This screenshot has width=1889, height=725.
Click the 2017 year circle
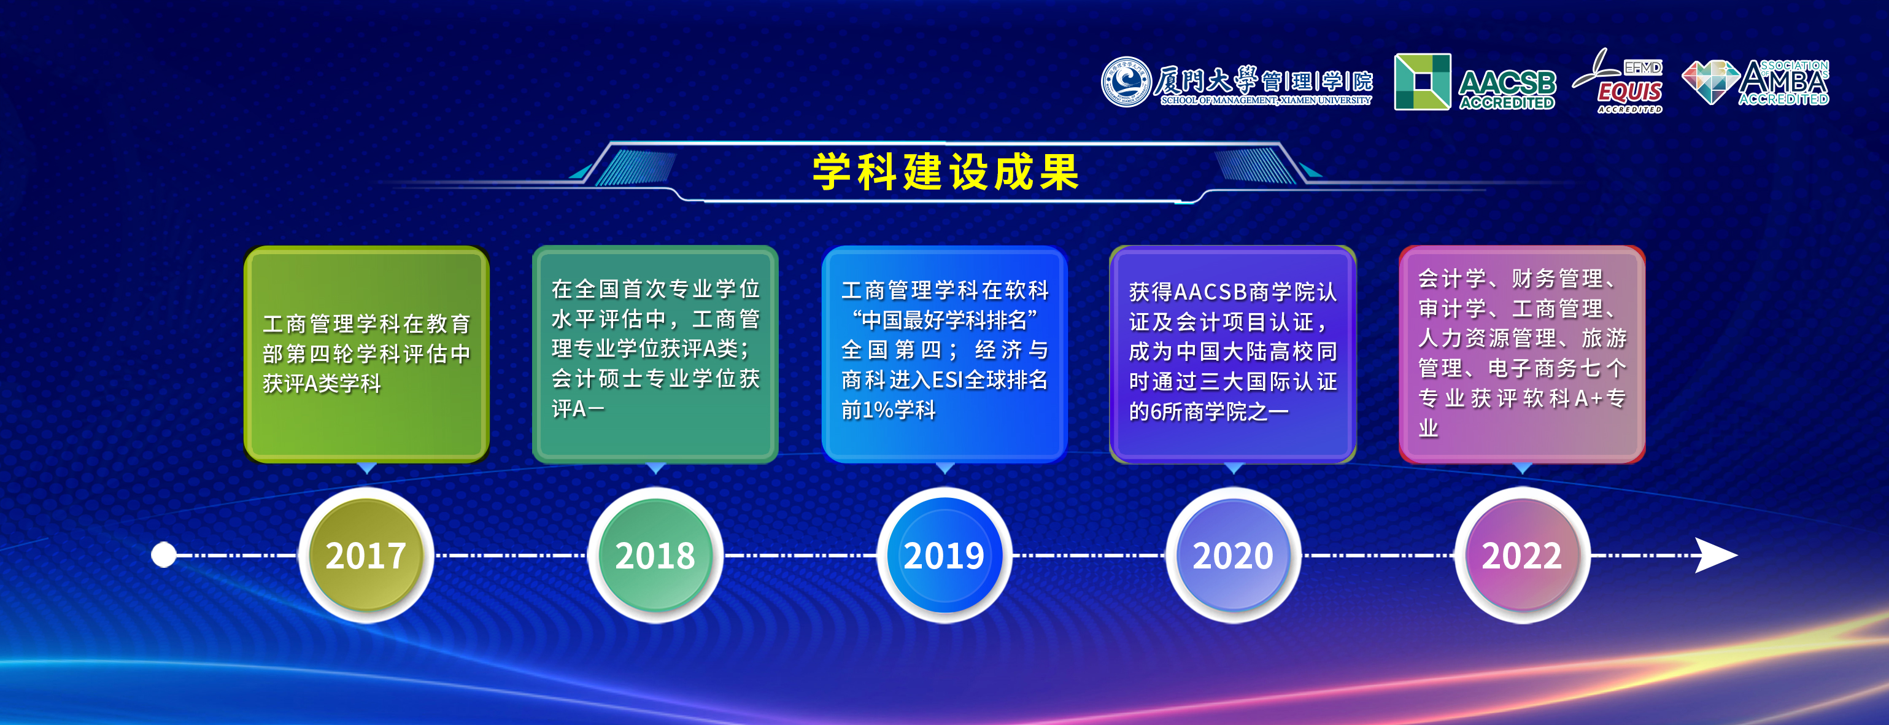366,556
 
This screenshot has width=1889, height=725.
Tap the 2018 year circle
655,556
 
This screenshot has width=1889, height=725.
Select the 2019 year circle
944,556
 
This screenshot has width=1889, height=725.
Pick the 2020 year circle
1233,556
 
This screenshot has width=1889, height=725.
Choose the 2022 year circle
1521,556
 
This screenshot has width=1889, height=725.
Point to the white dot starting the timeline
163,555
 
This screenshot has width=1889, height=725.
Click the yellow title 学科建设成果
945,173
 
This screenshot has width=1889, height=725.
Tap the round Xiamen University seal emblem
1126,82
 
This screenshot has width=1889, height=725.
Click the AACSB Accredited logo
1475,82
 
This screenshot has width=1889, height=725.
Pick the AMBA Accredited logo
1756,82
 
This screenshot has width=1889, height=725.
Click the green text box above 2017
366,354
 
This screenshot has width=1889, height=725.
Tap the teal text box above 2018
655,354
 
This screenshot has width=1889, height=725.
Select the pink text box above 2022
1521,354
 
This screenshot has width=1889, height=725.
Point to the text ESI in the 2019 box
948,380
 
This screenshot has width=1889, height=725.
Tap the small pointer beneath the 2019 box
945,468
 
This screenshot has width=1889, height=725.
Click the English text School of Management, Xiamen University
1265,101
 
